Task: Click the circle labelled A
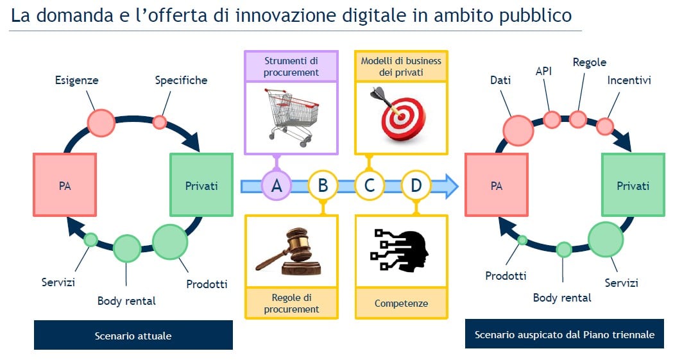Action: click(276, 185)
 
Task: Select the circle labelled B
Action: click(323, 185)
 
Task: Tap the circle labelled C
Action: click(370, 185)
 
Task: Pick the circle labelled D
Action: click(416, 185)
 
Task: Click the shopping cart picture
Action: click(291, 117)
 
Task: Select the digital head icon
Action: click(399, 249)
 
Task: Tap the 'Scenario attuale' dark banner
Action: click(133, 335)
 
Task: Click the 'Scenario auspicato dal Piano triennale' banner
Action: click(564, 334)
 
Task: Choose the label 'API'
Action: click(543, 71)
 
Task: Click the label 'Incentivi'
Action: click(629, 80)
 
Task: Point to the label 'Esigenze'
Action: click(76, 80)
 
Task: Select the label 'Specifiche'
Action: click(181, 80)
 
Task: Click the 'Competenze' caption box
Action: click(401, 303)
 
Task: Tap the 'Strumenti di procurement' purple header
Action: click(291, 67)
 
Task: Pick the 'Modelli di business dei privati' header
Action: click(401, 67)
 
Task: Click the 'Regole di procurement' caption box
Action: click(291, 303)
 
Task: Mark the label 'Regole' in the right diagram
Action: click(590, 63)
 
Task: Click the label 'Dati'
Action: click(500, 80)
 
